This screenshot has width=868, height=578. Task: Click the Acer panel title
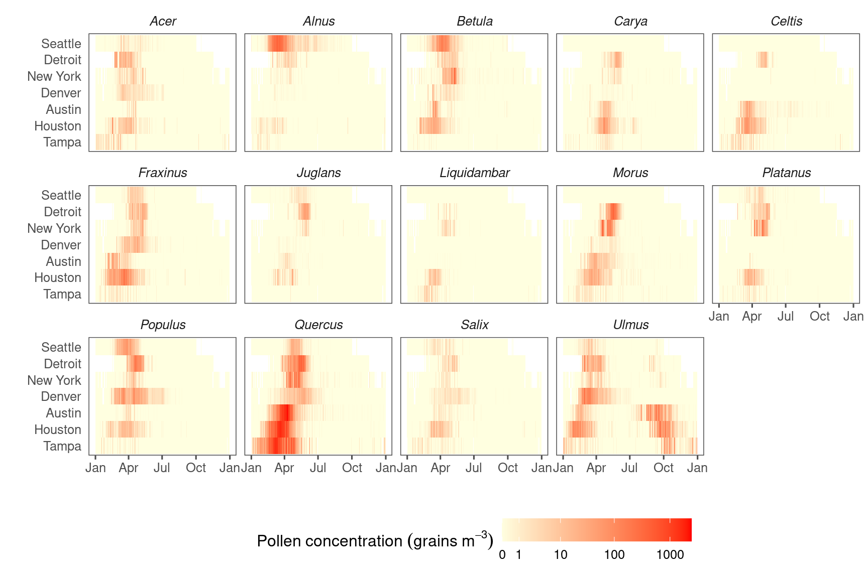163,22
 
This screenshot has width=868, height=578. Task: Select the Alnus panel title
318,22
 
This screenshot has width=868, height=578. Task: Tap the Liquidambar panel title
474,173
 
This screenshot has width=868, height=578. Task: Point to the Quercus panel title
318,325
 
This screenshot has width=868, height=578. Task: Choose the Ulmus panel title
630,325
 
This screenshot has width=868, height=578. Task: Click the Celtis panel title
786,22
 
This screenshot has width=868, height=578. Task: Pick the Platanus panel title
786,173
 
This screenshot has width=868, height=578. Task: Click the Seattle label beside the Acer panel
61,44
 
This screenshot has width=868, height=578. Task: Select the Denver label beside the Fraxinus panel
61,245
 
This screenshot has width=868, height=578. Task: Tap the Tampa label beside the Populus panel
62,446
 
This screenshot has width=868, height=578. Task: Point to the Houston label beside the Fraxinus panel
57,277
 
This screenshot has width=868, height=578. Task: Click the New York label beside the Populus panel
54,380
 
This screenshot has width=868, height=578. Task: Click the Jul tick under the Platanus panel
785,317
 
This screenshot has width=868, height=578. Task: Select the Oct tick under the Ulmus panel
663,468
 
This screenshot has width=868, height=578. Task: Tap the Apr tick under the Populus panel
129,468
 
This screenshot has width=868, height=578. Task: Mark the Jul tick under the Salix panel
474,468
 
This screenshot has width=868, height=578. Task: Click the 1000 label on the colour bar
670,555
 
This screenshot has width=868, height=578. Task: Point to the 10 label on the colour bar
561,555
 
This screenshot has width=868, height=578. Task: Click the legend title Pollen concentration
375,541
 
